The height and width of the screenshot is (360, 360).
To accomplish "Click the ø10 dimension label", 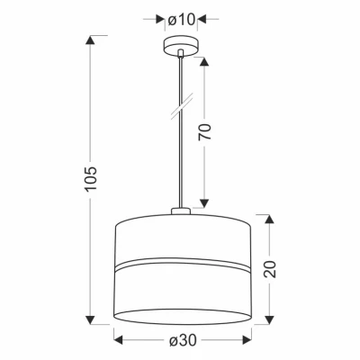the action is click(x=182, y=20).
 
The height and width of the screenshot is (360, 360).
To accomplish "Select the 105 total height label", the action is click(x=91, y=178).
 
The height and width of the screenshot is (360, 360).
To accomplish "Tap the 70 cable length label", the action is click(x=205, y=131).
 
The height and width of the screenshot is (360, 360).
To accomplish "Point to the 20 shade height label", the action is click(x=270, y=269).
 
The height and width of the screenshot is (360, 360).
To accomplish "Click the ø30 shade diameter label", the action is click(x=183, y=340).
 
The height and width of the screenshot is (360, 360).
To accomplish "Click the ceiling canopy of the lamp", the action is click(x=181, y=47).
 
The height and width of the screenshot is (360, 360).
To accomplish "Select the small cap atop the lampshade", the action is click(x=181, y=211).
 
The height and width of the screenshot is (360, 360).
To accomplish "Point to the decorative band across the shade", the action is click(x=183, y=264).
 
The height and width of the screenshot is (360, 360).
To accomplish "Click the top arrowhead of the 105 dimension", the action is click(x=91, y=40).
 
